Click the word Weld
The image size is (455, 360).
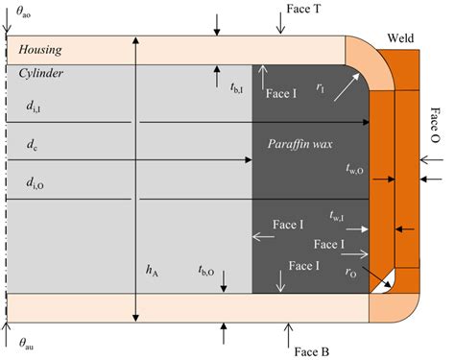click(400, 36)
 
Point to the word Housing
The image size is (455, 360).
click(44, 49)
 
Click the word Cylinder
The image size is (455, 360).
click(42, 73)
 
